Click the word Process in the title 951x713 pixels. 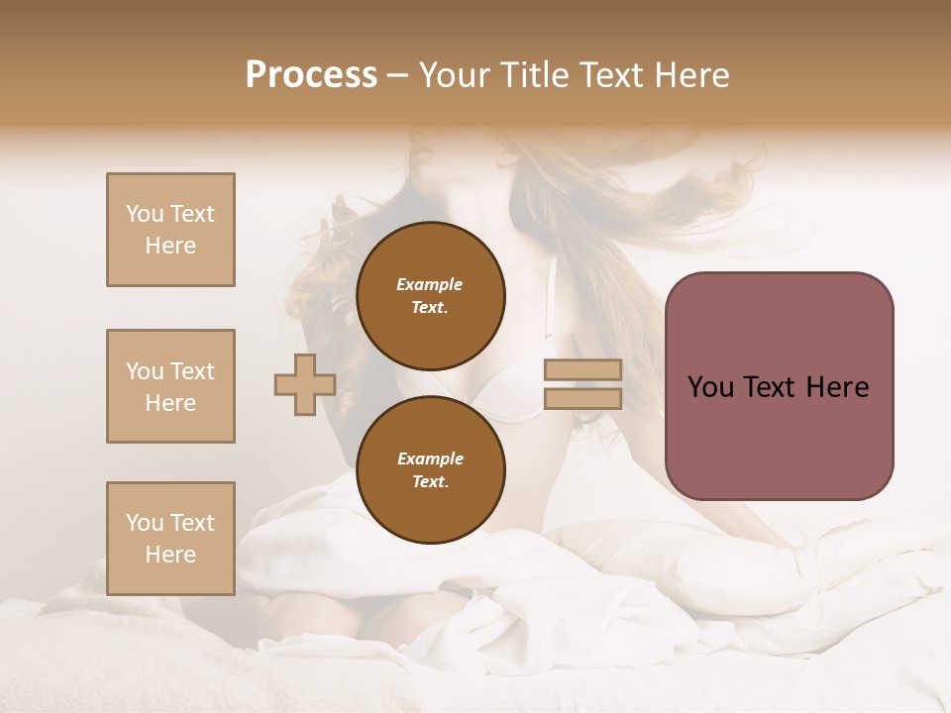coord(311,75)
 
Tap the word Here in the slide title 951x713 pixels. coord(690,75)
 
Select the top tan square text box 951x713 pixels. coord(170,230)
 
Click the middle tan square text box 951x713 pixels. coord(170,386)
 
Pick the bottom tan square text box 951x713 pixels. coord(170,538)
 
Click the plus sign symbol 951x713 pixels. coord(305,384)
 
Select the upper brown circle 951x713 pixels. coord(430,296)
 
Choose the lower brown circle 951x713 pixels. coord(430,469)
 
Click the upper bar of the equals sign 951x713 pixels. coord(582,370)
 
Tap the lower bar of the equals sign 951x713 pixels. coord(582,399)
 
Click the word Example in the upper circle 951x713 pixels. coord(430,285)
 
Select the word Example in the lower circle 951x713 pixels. coord(430,458)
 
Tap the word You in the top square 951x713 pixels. coord(145,214)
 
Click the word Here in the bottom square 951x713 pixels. coord(170,555)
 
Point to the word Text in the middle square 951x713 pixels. coord(192,371)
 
